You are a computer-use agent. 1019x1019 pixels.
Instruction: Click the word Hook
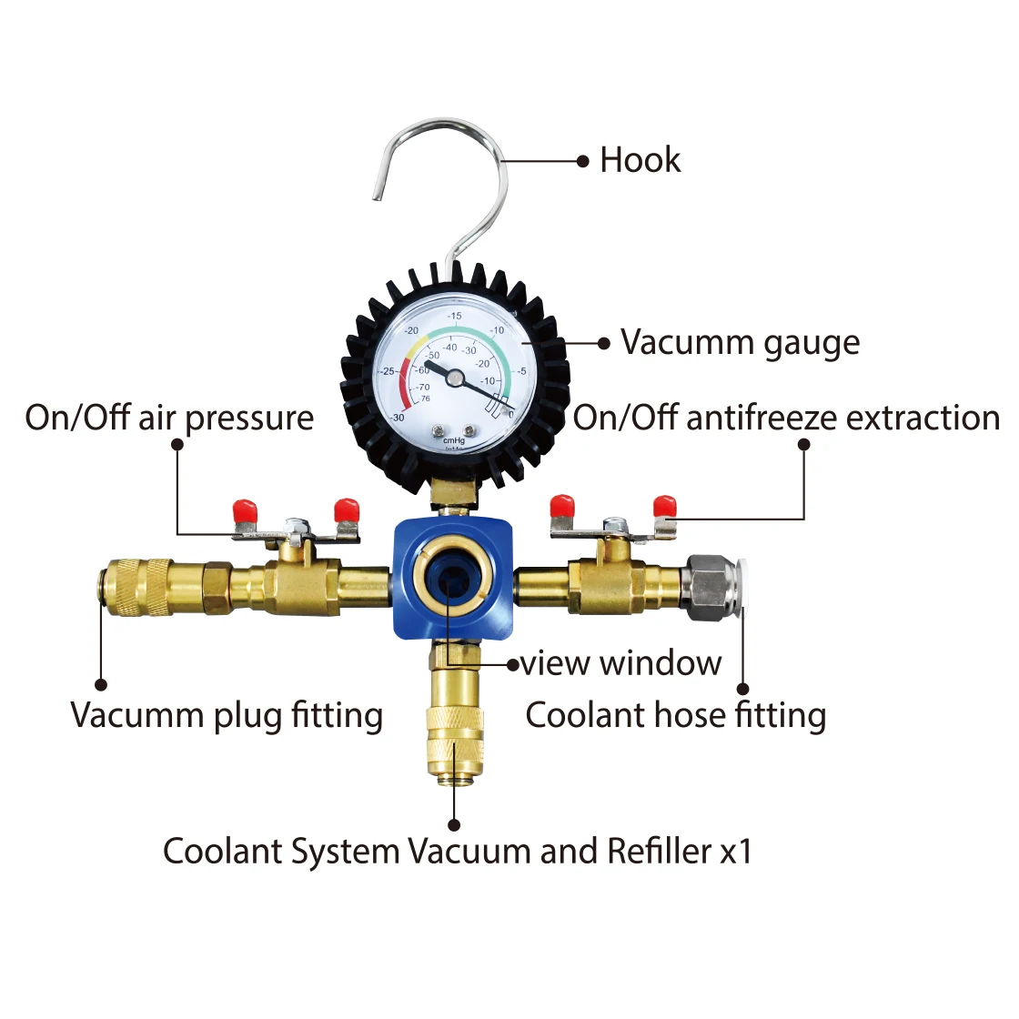(640, 160)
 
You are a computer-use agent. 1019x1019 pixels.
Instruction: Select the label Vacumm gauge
(740, 343)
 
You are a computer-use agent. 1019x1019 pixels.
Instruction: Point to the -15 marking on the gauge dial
(454, 316)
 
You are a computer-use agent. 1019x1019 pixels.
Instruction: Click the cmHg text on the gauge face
(453, 440)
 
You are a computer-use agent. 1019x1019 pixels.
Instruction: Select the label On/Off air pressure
(169, 418)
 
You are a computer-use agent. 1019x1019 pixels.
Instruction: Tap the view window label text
(621, 663)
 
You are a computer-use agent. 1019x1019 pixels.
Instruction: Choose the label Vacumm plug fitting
(227, 715)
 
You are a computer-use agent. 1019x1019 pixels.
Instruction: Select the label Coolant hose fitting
(675, 715)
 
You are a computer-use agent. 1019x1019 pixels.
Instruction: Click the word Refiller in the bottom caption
(659, 852)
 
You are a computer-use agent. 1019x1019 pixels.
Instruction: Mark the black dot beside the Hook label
(583, 161)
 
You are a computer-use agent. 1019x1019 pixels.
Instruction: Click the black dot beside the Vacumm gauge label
(604, 344)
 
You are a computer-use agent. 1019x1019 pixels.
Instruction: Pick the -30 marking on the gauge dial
(398, 418)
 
